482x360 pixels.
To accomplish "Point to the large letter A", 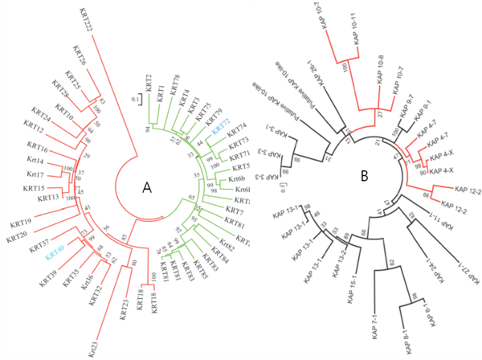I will pos(147,187).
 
